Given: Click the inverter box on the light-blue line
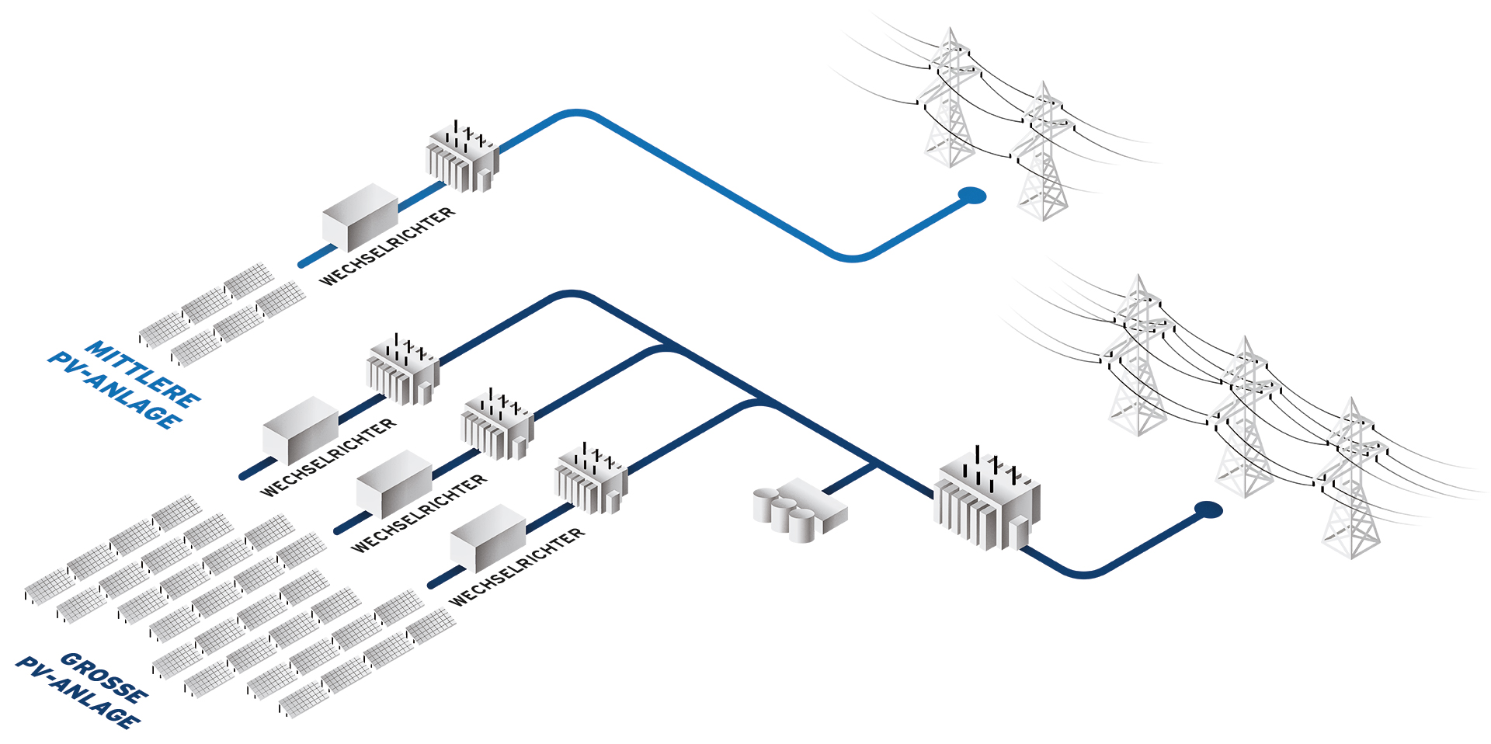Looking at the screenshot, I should [360, 217].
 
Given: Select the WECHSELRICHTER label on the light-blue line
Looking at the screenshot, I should [388, 246].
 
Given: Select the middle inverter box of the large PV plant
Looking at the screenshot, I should [394, 484].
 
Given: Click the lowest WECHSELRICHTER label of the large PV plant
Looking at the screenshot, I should [517, 567].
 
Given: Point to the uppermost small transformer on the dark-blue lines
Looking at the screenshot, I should [402, 370].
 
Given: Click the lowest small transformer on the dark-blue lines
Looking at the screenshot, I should [591, 478].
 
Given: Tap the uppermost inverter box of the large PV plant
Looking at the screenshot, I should [300, 429].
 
